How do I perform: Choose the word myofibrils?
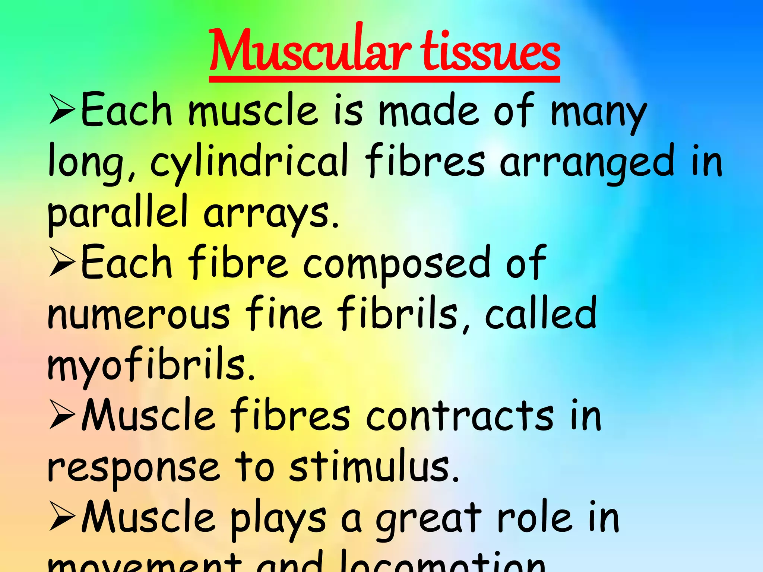(151, 365)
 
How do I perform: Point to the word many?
(598, 112)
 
